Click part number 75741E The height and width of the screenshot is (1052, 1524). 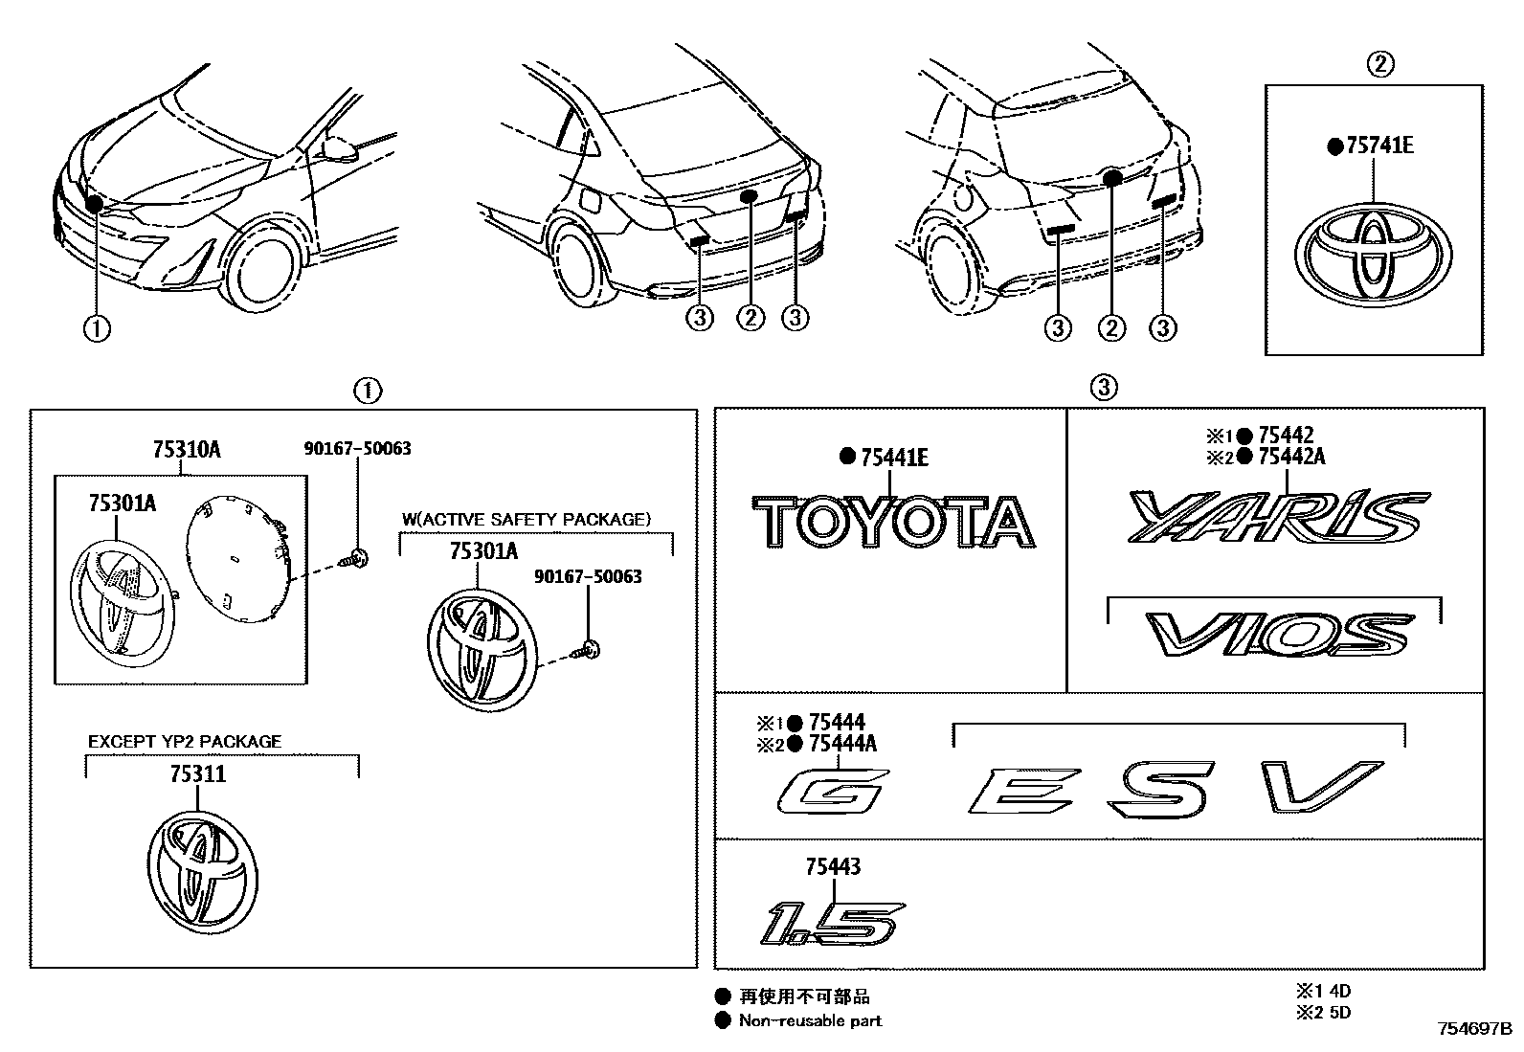(x=1379, y=146)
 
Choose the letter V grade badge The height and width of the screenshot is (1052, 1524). (x=1320, y=787)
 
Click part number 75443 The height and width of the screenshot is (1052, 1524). (x=833, y=866)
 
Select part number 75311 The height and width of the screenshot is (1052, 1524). (x=198, y=773)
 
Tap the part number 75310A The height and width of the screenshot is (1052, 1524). (x=186, y=449)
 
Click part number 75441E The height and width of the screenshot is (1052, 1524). (x=894, y=458)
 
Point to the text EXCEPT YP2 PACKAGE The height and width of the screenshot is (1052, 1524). (x=185, y=741)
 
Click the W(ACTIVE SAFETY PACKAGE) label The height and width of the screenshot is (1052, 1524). (x=526, y=519)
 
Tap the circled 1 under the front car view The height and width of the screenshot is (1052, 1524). (x=97, y=328)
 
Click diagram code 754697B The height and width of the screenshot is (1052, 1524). (x=1472, y=1030)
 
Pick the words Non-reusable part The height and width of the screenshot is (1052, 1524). (x=810, y=1020)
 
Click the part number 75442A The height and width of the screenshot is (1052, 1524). (x=1291, y=456)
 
